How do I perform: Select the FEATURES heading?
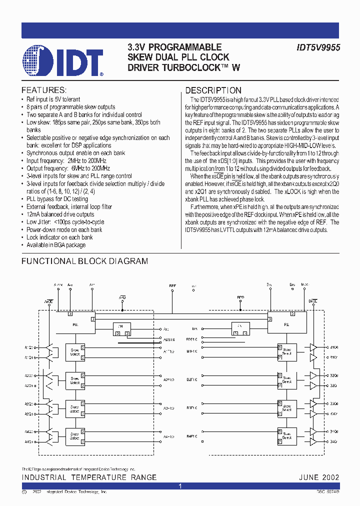[43, 90]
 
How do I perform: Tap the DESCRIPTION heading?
[213, 90]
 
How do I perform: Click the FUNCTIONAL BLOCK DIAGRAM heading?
[85, 261]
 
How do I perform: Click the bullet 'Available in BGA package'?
[56, 245]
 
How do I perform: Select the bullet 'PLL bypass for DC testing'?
[58, 199]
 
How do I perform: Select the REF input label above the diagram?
[172, 285]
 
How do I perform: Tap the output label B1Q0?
[333, 346]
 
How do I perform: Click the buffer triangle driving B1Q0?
[313, 346]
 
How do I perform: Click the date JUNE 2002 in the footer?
[319, 477]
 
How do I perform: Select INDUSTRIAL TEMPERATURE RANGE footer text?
[89, 477]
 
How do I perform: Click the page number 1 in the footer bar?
[180, 486]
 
